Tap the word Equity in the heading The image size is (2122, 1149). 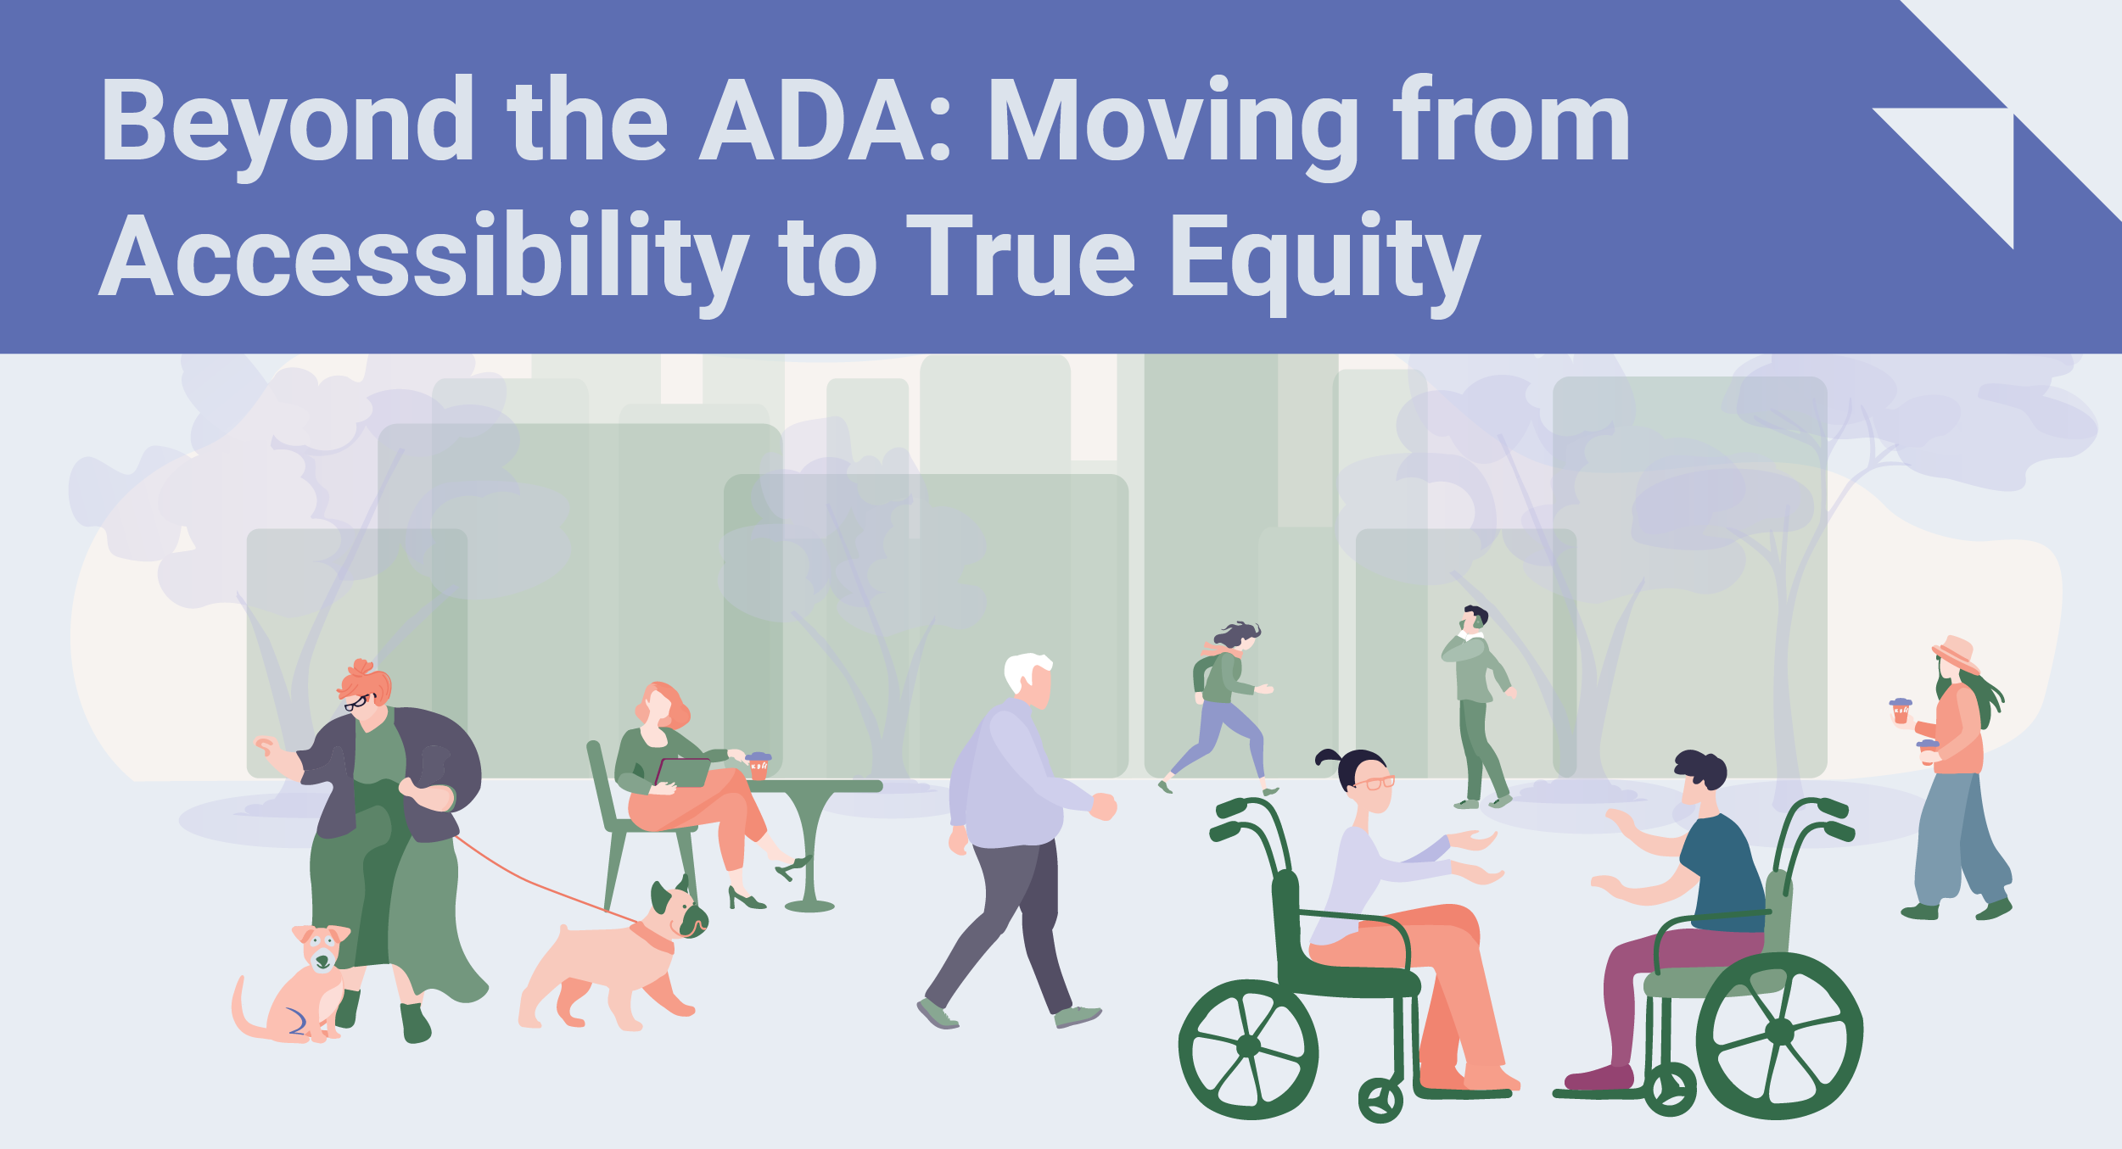click(x=1324, y=259)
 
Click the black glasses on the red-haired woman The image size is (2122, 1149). click(x=357, y=702)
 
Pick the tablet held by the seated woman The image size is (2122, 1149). click(x=684, y=773)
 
